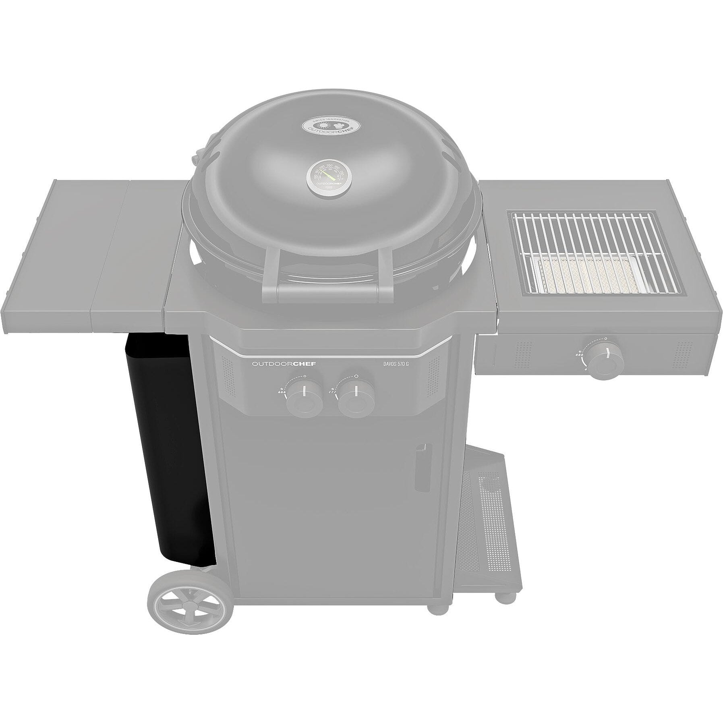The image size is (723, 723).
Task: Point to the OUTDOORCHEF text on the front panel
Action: (x=284, y=364)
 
